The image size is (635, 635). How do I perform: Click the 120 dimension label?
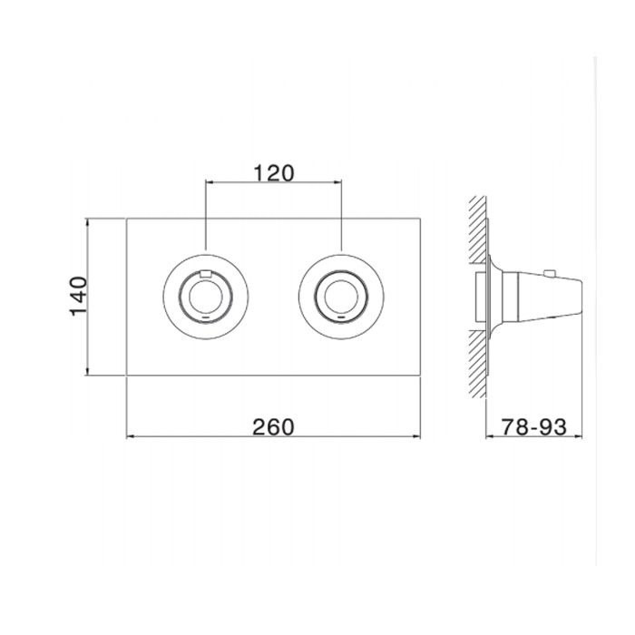274,173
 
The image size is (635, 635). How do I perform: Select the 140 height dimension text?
78,296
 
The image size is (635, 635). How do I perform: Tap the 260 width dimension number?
273,427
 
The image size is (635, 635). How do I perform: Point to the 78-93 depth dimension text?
533,426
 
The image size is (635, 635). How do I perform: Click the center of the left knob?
206,297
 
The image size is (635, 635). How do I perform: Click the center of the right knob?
341,297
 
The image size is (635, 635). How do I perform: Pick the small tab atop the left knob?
206,274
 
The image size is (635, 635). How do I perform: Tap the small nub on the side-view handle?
551,273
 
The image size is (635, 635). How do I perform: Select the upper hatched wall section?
477,230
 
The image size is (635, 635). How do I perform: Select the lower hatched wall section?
477,364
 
